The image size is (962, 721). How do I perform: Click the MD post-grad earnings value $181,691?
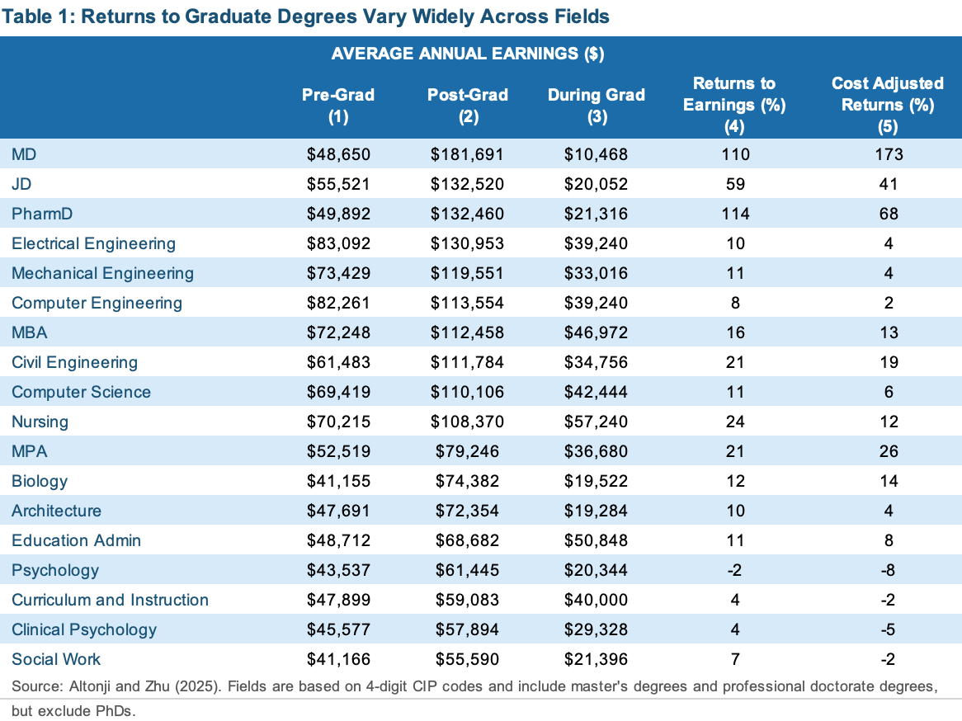coord(467,154)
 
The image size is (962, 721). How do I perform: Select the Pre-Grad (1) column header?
coord(338,106)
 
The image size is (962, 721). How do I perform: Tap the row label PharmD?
coord(42,214)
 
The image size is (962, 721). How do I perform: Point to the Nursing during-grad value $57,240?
coord(597,422)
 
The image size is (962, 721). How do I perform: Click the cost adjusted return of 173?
coord(888,154)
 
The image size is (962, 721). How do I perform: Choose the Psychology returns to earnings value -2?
coord(734,570)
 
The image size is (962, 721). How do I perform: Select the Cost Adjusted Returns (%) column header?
coord(888,105)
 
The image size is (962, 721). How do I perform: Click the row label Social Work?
coord(56,659)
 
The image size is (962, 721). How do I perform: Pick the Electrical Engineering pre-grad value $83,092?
coord(338,243)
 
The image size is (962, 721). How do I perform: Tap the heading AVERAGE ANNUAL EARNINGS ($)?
coord(468,54)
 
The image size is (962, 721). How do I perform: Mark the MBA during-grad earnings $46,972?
coord(597,332)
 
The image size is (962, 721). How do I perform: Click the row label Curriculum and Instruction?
coord(110,600)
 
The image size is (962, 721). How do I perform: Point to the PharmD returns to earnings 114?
coord(734,214)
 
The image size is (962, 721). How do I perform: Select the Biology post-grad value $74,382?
coord(467,481)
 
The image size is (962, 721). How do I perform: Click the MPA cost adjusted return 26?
coord(888,451)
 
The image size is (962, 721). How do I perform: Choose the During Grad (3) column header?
coord(597,106)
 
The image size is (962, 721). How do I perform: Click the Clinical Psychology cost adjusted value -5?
coord(888,629)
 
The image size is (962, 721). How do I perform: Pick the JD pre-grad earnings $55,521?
coord(338,184)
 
